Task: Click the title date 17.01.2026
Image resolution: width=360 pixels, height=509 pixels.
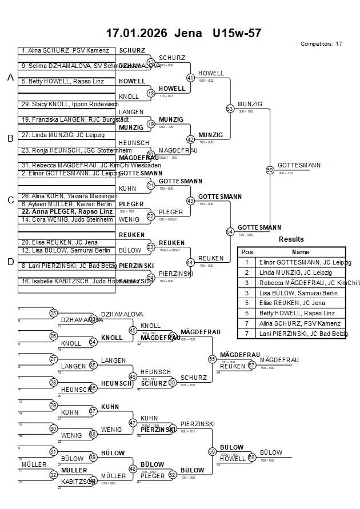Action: pos(137,33)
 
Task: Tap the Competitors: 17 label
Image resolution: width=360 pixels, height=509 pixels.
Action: pos(321,44)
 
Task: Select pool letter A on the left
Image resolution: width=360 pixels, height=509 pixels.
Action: pos(10,78)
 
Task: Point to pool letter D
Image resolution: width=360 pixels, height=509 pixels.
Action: pos(10,262)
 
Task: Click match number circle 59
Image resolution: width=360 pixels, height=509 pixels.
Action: pos(270,170)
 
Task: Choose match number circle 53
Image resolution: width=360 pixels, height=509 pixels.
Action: pos(230,108)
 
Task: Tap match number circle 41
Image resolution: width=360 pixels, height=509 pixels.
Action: pos(190,78)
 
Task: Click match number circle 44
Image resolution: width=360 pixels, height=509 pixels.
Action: pos(190,262)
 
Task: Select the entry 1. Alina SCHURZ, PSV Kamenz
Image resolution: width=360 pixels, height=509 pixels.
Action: pos(65,50)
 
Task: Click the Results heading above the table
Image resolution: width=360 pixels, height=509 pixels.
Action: pos(291,239)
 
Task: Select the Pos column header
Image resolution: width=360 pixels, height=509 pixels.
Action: pos(247,252)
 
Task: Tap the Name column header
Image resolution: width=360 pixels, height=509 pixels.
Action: pos(301,252)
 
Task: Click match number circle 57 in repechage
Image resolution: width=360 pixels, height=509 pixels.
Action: pos(252,366)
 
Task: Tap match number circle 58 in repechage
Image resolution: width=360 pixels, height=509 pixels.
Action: pos(252,458)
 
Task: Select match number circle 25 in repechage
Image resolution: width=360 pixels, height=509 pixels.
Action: pos(53,313)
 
